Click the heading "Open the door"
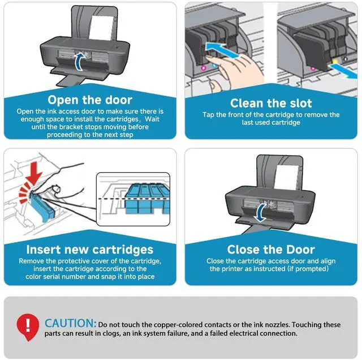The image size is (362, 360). pos(90,100)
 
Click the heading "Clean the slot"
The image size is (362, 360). pos(271,103)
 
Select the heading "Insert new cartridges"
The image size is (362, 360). pos(90,250)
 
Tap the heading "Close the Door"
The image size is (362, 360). pos(271,250)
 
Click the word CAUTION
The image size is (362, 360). pos(70,323)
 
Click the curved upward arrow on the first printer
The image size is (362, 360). pos(79,62)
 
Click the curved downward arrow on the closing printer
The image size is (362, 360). pos(261,213)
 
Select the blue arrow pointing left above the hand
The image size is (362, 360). pos(222,50)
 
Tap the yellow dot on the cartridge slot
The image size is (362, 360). pos(335,61)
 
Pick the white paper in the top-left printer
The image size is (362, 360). pos(101,27)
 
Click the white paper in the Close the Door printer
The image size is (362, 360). pos(286,177)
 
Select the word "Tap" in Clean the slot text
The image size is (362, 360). pos(209,115)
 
